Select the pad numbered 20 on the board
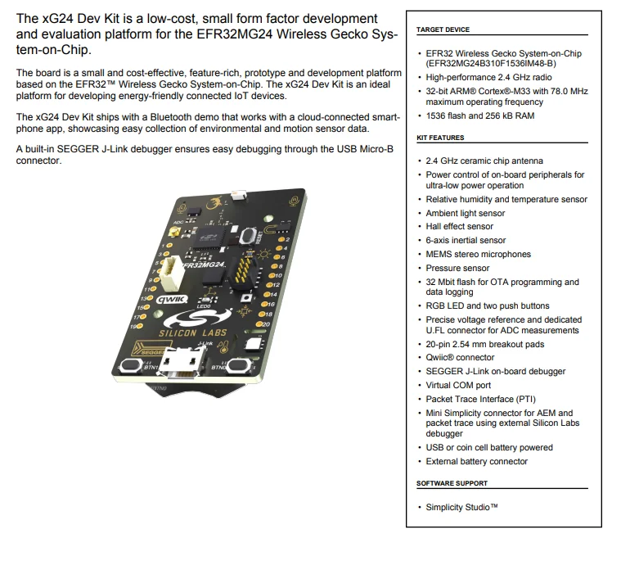[x=261, y=324]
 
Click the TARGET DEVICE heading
[x=443, y=29]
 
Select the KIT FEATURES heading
[x=440, y=138]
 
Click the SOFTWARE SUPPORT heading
[x=452, y=483]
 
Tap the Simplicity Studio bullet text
[x=462, y=508]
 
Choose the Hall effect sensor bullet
[x=459, y=227]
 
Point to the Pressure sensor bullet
[x=457, y=268]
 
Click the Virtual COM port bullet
[x=458, y=385]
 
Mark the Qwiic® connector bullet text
[x=460, y=358]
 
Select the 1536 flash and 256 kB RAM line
[x=479, y=116]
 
